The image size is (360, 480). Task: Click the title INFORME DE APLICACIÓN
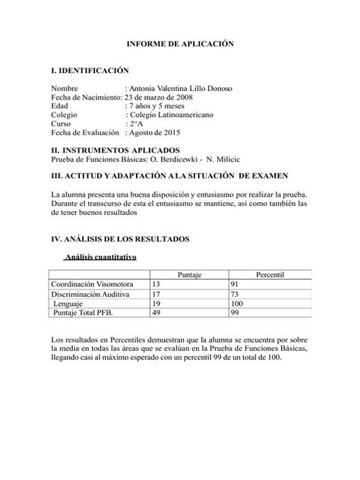click(x=180, y=46)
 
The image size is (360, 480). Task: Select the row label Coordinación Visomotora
click(x=90, y=283)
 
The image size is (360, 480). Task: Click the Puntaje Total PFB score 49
click(x=157, y=311)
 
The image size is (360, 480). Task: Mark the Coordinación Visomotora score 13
click(x=157, y=283)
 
